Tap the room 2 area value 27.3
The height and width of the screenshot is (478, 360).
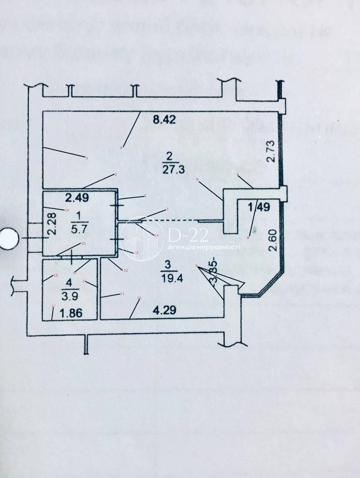173,170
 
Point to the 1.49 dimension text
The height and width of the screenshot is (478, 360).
259,207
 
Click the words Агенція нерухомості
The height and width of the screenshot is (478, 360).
204,247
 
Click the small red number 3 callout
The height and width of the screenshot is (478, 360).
86,158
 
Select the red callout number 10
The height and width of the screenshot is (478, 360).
139,298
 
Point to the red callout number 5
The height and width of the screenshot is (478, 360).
238,175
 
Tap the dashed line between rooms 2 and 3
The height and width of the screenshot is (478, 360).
170,221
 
